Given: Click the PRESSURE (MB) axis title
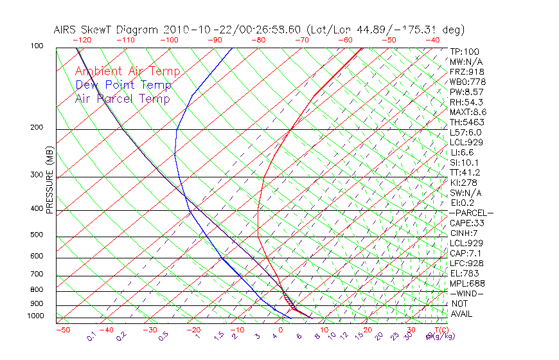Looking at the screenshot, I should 49,183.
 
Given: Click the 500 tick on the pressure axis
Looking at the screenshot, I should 36,235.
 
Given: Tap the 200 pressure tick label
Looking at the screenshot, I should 36,127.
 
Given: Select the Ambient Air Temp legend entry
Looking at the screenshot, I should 127,71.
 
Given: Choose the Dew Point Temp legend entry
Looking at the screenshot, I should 123,85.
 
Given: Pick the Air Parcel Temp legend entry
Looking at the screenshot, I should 122,98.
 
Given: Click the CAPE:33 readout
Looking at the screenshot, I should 466,223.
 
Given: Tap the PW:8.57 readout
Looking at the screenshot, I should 466,92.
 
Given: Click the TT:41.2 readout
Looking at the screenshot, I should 465,173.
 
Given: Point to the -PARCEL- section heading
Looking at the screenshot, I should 471,213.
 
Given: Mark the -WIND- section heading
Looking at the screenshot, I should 466,294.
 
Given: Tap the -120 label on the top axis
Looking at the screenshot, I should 83,40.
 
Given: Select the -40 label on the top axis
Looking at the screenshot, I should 432,40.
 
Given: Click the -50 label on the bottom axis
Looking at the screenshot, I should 62,330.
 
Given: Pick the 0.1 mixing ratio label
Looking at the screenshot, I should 91,336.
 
